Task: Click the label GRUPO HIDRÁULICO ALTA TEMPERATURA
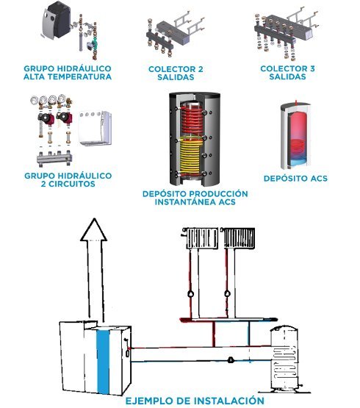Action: (68, 73)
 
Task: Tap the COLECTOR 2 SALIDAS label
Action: (176, 73)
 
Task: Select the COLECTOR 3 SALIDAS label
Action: (287, 73)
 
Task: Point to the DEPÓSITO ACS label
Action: (295, 179)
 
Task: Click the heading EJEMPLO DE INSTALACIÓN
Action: (195, 401)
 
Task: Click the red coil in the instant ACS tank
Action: (192, 118)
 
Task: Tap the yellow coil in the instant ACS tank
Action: (191, 156)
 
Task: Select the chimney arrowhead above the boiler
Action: (93, 229)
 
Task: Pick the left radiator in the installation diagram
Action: (201, 238)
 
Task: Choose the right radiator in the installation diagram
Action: (239, 238)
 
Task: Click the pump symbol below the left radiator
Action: (191, 294)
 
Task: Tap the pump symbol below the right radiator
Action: (227, 294)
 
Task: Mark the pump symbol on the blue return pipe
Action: (231, 360)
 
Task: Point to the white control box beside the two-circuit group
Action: (96, 128)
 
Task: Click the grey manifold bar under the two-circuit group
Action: (54, 158)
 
